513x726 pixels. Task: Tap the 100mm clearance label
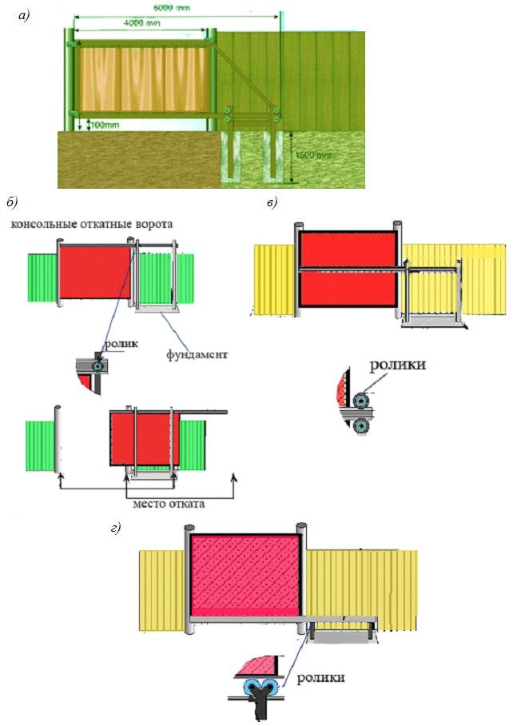tap(101, 125)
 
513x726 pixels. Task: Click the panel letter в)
tap(273, 202)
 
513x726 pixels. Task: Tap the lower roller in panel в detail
tap(362, 426)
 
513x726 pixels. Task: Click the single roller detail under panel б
tap(97, 365)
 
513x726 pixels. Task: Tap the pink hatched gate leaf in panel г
tap(245, 572)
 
